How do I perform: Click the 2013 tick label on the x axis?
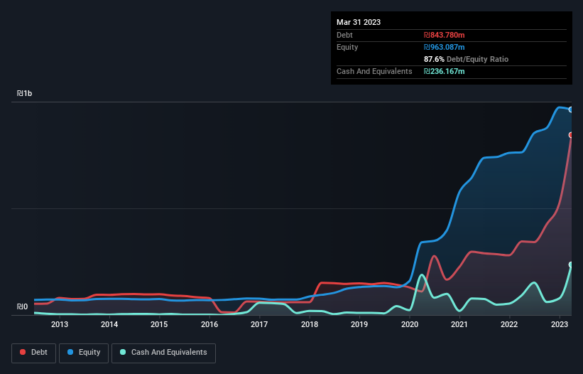coord(59,325)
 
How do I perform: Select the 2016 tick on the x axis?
coord(209,325)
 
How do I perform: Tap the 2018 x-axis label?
coord(310,325)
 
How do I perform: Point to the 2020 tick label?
coord(410,325)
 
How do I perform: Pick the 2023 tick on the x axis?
coord(559,325)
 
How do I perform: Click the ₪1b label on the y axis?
coord(25,94)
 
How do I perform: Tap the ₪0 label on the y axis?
coord(22,307)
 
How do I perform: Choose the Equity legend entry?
coord(84,353)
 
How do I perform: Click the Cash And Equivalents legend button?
coord(163,353)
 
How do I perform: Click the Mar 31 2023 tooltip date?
coord(359,22)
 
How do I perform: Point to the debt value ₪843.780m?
coord(444,35)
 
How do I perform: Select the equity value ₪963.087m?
coord(444,47)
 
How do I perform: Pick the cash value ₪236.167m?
coord(444,71)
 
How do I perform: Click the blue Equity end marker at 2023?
coord(571,109)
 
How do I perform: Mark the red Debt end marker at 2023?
coord(571,135)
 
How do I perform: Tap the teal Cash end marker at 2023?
coord(571,265)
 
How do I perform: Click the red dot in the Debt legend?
coord(23,353)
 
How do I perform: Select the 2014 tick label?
coord(109,325)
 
